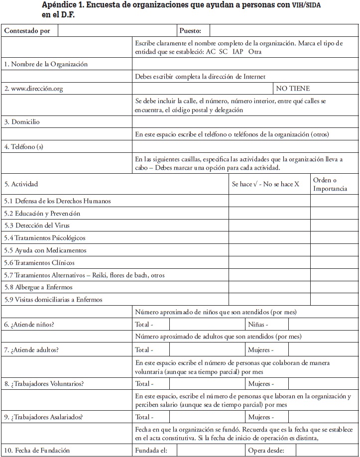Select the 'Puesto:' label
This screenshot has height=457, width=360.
190,31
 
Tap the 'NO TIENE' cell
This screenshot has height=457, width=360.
293,89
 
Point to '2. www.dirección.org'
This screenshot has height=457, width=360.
33,89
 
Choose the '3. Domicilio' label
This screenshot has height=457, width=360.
22,122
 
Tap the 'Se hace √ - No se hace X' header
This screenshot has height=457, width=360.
265,184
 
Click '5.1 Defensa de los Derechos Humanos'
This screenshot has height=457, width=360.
57,201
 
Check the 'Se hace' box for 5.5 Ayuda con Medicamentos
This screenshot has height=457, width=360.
269,250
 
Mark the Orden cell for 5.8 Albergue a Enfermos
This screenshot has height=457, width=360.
334,287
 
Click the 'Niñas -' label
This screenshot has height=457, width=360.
259,325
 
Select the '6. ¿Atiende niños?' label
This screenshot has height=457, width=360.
29,325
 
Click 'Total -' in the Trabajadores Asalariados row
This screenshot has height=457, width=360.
144,417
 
